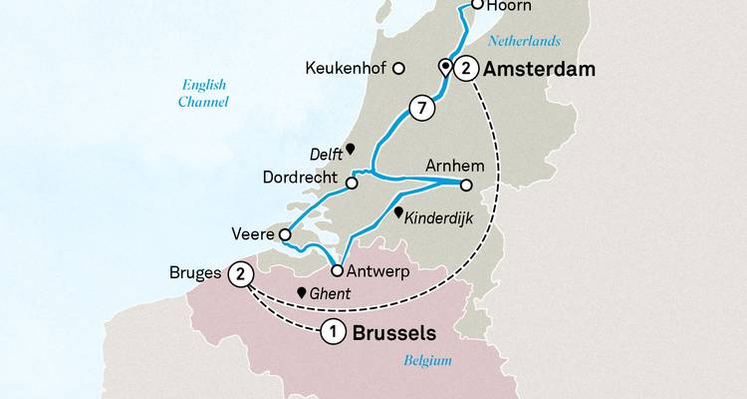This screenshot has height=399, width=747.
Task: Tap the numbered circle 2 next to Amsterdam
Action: (465, 69)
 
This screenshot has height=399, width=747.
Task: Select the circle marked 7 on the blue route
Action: (420, 107)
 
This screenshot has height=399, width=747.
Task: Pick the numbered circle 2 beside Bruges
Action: (240, 272)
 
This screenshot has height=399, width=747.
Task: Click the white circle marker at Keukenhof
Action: (398, 69)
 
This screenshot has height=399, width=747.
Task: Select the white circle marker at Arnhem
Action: (465, 184)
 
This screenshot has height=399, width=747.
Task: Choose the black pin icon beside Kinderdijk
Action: (398, 213)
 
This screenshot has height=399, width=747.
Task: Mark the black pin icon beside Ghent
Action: (300, 293)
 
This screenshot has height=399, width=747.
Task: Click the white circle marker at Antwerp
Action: (337, 270)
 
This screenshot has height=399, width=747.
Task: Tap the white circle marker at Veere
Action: (285, 235)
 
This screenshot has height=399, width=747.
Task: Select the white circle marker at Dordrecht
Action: (352, 183)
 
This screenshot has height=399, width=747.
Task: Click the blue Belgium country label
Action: (428, 360)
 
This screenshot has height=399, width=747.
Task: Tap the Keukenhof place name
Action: (347, 69)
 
